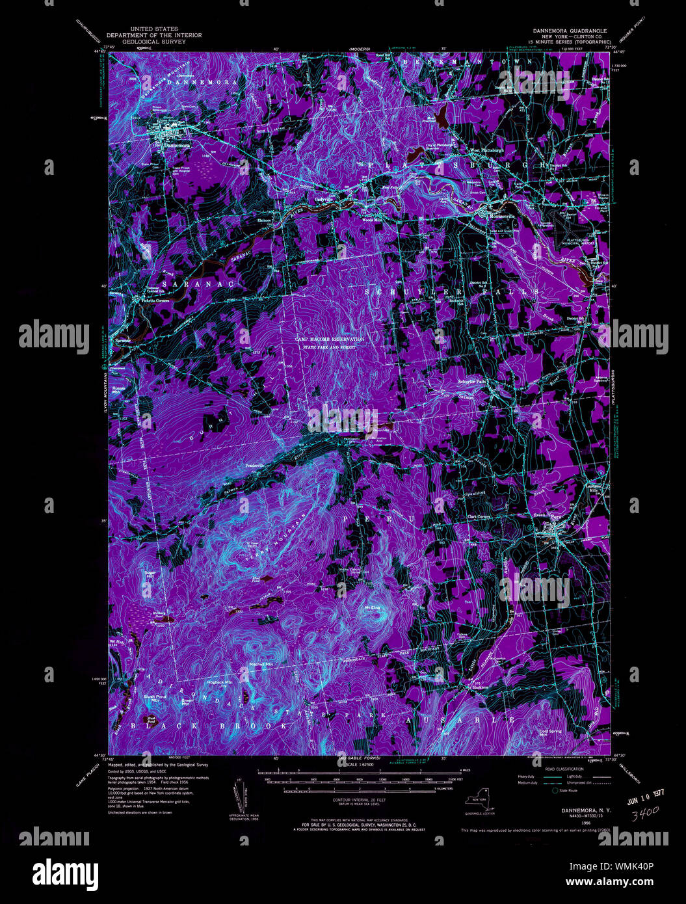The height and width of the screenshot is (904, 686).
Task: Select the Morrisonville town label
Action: tap(501, 215)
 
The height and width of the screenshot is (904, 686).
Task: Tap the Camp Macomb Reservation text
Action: tap(329, 339)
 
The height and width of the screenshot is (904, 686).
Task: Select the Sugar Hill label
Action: tap(150, 574)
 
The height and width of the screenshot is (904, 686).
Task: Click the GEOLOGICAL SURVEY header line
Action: tap(154, 42)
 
